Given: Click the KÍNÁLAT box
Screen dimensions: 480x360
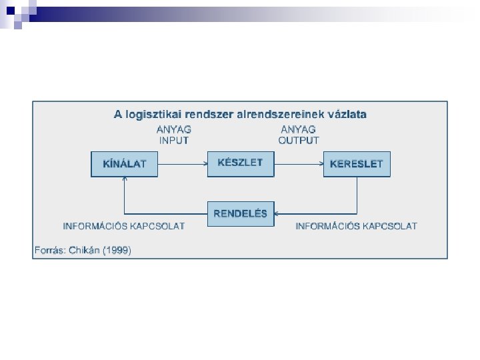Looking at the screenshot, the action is [x=125, y=164].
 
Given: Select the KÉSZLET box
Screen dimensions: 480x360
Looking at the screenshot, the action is [x=241, y=163].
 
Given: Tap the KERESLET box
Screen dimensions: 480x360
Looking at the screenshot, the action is [x=357, y=164].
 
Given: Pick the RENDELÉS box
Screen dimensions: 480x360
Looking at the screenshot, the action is [x=241, y=214].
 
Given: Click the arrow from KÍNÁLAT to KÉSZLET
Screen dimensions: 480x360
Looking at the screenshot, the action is [x=183, y=163].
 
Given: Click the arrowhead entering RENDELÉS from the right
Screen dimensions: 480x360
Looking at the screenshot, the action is [x=278, y=214].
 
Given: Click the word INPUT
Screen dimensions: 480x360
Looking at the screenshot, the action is [x=174, y=141].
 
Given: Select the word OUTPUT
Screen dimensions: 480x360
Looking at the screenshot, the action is [x=299, y=141].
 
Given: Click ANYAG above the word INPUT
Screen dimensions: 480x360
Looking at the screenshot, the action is [x=174, y=129].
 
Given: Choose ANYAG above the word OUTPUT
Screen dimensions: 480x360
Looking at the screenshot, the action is [x=299, y=129].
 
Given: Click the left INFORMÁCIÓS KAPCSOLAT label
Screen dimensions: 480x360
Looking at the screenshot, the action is [x=124, y=226].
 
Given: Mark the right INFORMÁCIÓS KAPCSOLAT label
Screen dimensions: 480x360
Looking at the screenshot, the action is [x=357, y=226].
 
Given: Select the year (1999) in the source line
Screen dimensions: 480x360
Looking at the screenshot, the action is [x=117, y=251].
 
